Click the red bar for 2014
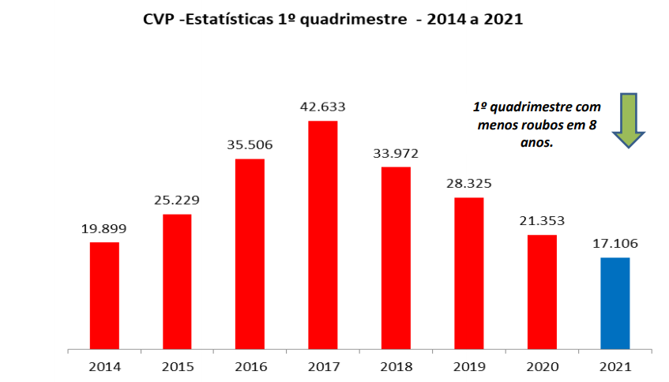[x=104, y=295]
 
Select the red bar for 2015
[x=177, y=281]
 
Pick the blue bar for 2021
[x=615, y=303]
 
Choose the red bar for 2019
[x=469, y=272]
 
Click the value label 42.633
[x=322, y=107]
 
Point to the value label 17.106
[x=615, y=244]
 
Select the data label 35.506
[x=250, y=145]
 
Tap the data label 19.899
[x=104, y=229]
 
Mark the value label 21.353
[x=542, y=221]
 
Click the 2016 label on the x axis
[x=250, y=367]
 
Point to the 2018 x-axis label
[x=396, y=367]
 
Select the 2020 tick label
[x=542, y=367]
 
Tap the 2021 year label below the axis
[x=615, y=367]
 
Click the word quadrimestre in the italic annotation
[x=528, y=107]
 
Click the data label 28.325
[x=469, y=183]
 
